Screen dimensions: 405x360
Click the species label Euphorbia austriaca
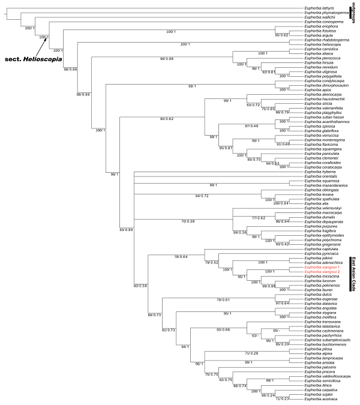point(320,398)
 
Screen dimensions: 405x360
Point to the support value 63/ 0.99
point(127,230)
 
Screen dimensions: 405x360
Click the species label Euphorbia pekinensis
point(320,286)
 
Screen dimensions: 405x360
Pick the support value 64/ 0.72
point(203,196)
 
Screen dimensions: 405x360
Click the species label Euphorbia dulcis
point(317,295)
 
